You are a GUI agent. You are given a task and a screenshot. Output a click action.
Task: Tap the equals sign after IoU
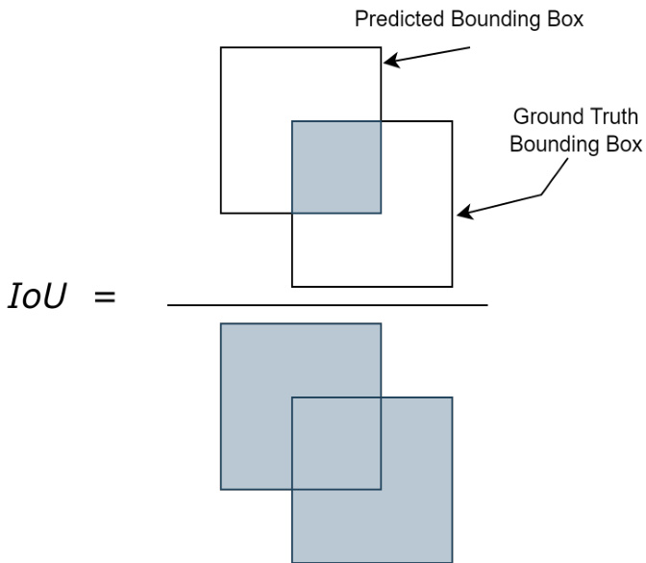[104, 297]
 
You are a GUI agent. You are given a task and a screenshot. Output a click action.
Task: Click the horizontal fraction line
[327, 305]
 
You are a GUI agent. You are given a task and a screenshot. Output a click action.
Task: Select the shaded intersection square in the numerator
[336, 166]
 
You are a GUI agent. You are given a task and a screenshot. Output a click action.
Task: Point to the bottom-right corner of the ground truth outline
[452, 287]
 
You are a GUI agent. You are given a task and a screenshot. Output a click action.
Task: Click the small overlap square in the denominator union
[336, 443]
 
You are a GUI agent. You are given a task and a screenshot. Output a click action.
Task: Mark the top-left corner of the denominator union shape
[221, 324]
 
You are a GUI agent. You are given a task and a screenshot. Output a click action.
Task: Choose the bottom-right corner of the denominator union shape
[452, 560]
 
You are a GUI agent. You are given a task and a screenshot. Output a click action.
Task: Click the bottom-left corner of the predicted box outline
[221, 213]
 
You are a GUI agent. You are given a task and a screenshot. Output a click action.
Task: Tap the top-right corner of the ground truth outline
[452, 121]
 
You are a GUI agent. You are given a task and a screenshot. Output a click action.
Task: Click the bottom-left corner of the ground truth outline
[292, 287]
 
